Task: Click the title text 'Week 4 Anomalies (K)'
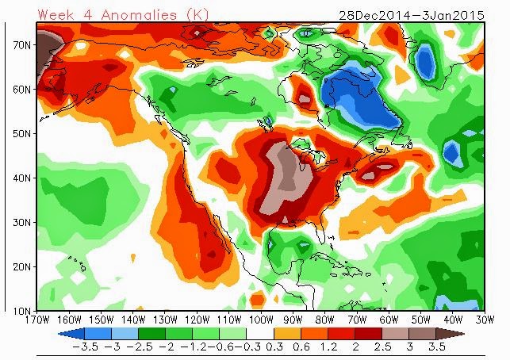point(123,15)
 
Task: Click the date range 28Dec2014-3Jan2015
point(412,15)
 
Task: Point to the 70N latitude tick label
point(22,45)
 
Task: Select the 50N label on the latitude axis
point(22,134)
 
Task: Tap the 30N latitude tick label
point(22,223)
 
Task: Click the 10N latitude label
point(22,311)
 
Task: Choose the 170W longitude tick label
point(37,320)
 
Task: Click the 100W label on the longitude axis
point(261,320)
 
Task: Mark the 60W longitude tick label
point(389,320)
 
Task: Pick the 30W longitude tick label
point(485,320)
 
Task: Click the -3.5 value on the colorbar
point(85,347)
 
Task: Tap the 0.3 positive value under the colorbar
point(274,347)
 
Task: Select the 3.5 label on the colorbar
point(436,347)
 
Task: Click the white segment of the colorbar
point(260,334)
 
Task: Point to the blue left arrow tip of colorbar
point(59,334)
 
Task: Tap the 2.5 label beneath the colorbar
point(382,347)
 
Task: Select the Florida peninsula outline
point(320,232)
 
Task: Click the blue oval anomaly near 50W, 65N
point(425,61)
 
